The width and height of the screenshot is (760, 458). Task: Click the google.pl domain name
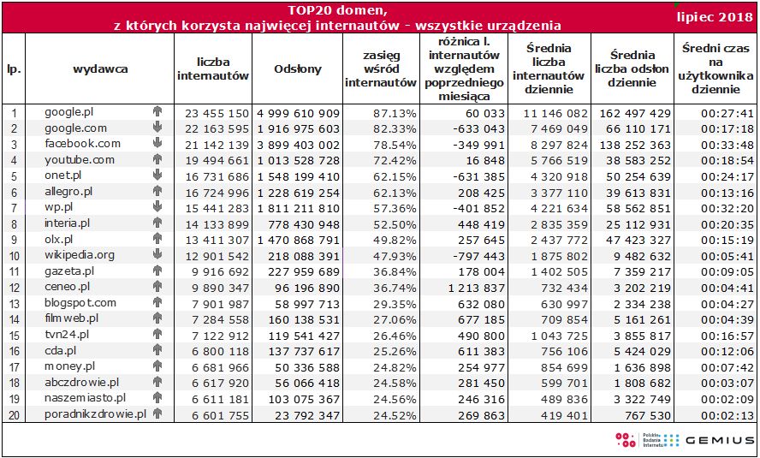tap(68, 112)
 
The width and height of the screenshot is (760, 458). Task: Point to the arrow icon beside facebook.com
tap(157, 143)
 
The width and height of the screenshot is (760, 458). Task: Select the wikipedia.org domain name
tap(80, 255)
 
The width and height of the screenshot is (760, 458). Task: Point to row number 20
tap(14, 414)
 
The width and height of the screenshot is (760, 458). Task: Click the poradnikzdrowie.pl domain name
tap(96, 414)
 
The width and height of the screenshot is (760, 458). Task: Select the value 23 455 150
tap(214, 113)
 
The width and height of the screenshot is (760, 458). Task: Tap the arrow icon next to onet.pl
tap(157, 175)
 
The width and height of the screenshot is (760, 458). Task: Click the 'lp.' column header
tap(14, 69)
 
